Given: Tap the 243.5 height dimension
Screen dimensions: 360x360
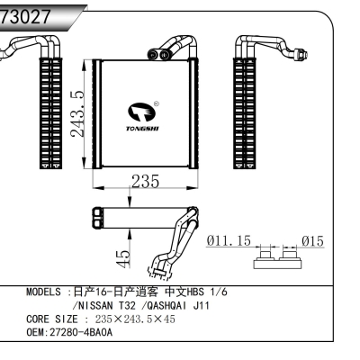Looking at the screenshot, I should point(80,113).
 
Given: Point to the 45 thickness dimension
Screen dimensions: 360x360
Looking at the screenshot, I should point(126,256).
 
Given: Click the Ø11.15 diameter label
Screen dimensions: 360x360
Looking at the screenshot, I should point(229,241).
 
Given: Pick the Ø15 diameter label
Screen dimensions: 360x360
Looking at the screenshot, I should point(312,241).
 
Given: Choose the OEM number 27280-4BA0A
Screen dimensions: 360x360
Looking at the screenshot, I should point(83,332).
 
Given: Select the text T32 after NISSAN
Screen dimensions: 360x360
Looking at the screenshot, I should point(131,306).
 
